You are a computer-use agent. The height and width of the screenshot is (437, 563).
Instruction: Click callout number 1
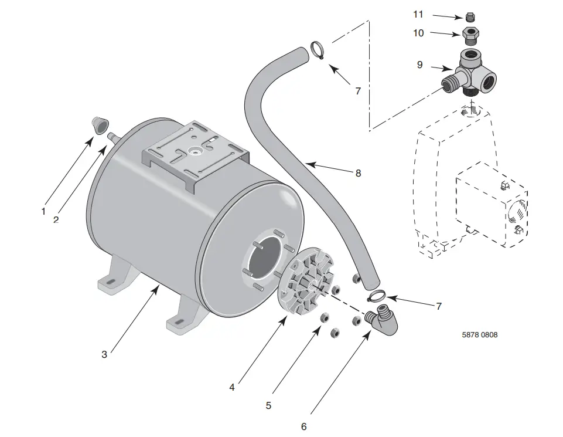(43, 211)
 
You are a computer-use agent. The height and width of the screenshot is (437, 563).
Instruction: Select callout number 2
(56, 220)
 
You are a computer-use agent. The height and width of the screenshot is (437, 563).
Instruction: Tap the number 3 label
(104, 354)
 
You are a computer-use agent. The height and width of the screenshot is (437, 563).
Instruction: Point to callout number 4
(232, 387)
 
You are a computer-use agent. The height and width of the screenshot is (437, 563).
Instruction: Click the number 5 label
(268, 405)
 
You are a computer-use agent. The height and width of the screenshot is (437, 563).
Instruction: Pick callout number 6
(303, 426)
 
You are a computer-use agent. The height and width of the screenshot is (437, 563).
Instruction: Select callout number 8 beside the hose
(358, 173)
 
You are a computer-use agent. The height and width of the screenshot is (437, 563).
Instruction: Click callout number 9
(419, 65)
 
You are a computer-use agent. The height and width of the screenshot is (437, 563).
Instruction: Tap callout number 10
(418, 33)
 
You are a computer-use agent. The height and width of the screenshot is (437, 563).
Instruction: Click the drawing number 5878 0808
(480, 335)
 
